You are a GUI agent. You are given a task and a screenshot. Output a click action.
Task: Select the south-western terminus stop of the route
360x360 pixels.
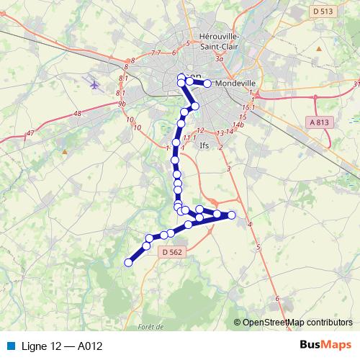pyautogui.click(x=129, y=263)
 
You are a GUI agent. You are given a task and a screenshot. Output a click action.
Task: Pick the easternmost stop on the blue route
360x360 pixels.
pyautogui.click(x=232, y=215)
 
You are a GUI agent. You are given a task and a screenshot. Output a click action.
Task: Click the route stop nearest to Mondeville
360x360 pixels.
pyautogui.click(x=207, y=84)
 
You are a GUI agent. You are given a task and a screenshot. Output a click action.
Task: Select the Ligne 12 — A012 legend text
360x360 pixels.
pyautogui.click(x=63, y=346)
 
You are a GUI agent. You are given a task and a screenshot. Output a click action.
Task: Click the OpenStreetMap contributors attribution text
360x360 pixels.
pyautogui.click(x=297, y=323)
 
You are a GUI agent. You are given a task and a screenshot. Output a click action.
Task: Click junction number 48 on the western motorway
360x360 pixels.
pyautogui.click(x=77, y=114)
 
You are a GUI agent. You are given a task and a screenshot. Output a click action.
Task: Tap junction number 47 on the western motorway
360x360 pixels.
pyautogui.click(x=30, y=133)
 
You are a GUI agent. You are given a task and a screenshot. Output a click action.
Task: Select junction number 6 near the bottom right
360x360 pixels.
pyautogui.click(x=277, y=298)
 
